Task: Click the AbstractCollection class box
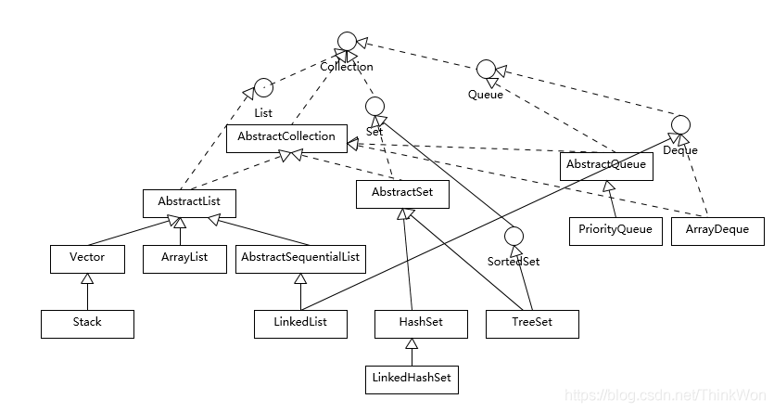pos(286,138)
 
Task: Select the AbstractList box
pos(189,202)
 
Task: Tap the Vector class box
pos(87,258)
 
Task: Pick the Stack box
pos(87,323)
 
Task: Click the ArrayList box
pos(184,258)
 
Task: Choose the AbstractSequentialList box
pos(300,258)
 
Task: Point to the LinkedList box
pos(300,323)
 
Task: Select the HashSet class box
pos(421,323)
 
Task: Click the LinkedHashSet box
pos(414,379)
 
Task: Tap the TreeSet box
pos(532,323)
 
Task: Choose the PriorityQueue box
pos(615,230)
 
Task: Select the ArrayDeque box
pos(717,230)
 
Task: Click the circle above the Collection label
pos(347,41)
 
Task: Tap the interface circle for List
pos(263,87)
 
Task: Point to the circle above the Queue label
pos(486,70)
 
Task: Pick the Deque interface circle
pos(680,124)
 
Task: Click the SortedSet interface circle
pos(514,238)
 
